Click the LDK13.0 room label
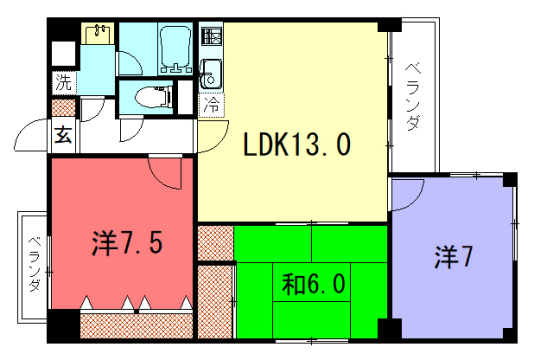point(298,147)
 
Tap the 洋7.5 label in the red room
point(126,243)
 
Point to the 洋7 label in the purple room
point(453,258)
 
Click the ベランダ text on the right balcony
point(413,97)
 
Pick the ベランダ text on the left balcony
point(32,264)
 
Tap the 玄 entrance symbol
point(62,134)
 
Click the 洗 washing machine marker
point(62,82)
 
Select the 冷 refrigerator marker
point(211,103)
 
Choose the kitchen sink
point(211,73)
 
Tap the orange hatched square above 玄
point(62,106)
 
